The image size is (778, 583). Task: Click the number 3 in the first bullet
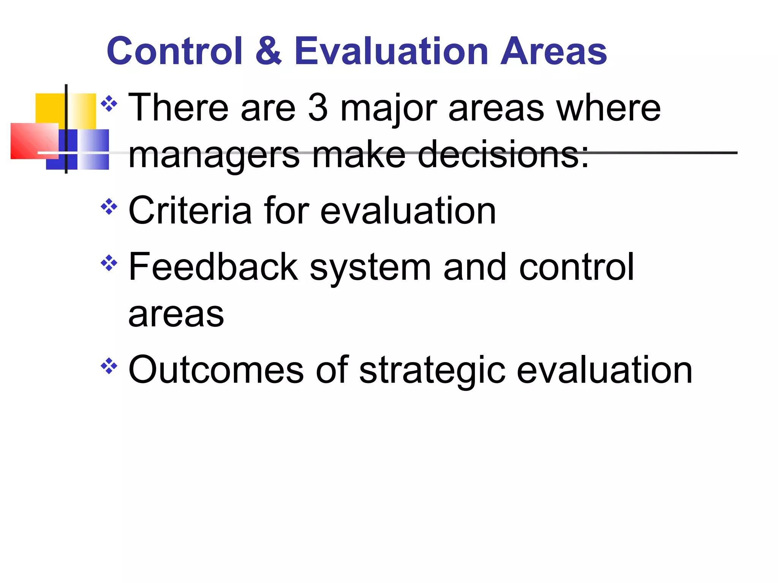[318, 108]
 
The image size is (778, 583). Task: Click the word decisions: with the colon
[503, 154]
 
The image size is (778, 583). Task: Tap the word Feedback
[213, 267]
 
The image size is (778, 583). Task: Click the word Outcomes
[216, 370]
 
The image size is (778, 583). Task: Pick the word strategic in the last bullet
[432, 370]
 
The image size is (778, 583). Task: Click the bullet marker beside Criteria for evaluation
[109, 207]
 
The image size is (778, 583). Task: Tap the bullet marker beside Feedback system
[109, 263]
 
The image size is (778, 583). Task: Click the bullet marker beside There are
[109, 104]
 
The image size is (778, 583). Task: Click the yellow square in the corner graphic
[49, 108]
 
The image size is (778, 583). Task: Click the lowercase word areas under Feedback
[176, 315]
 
